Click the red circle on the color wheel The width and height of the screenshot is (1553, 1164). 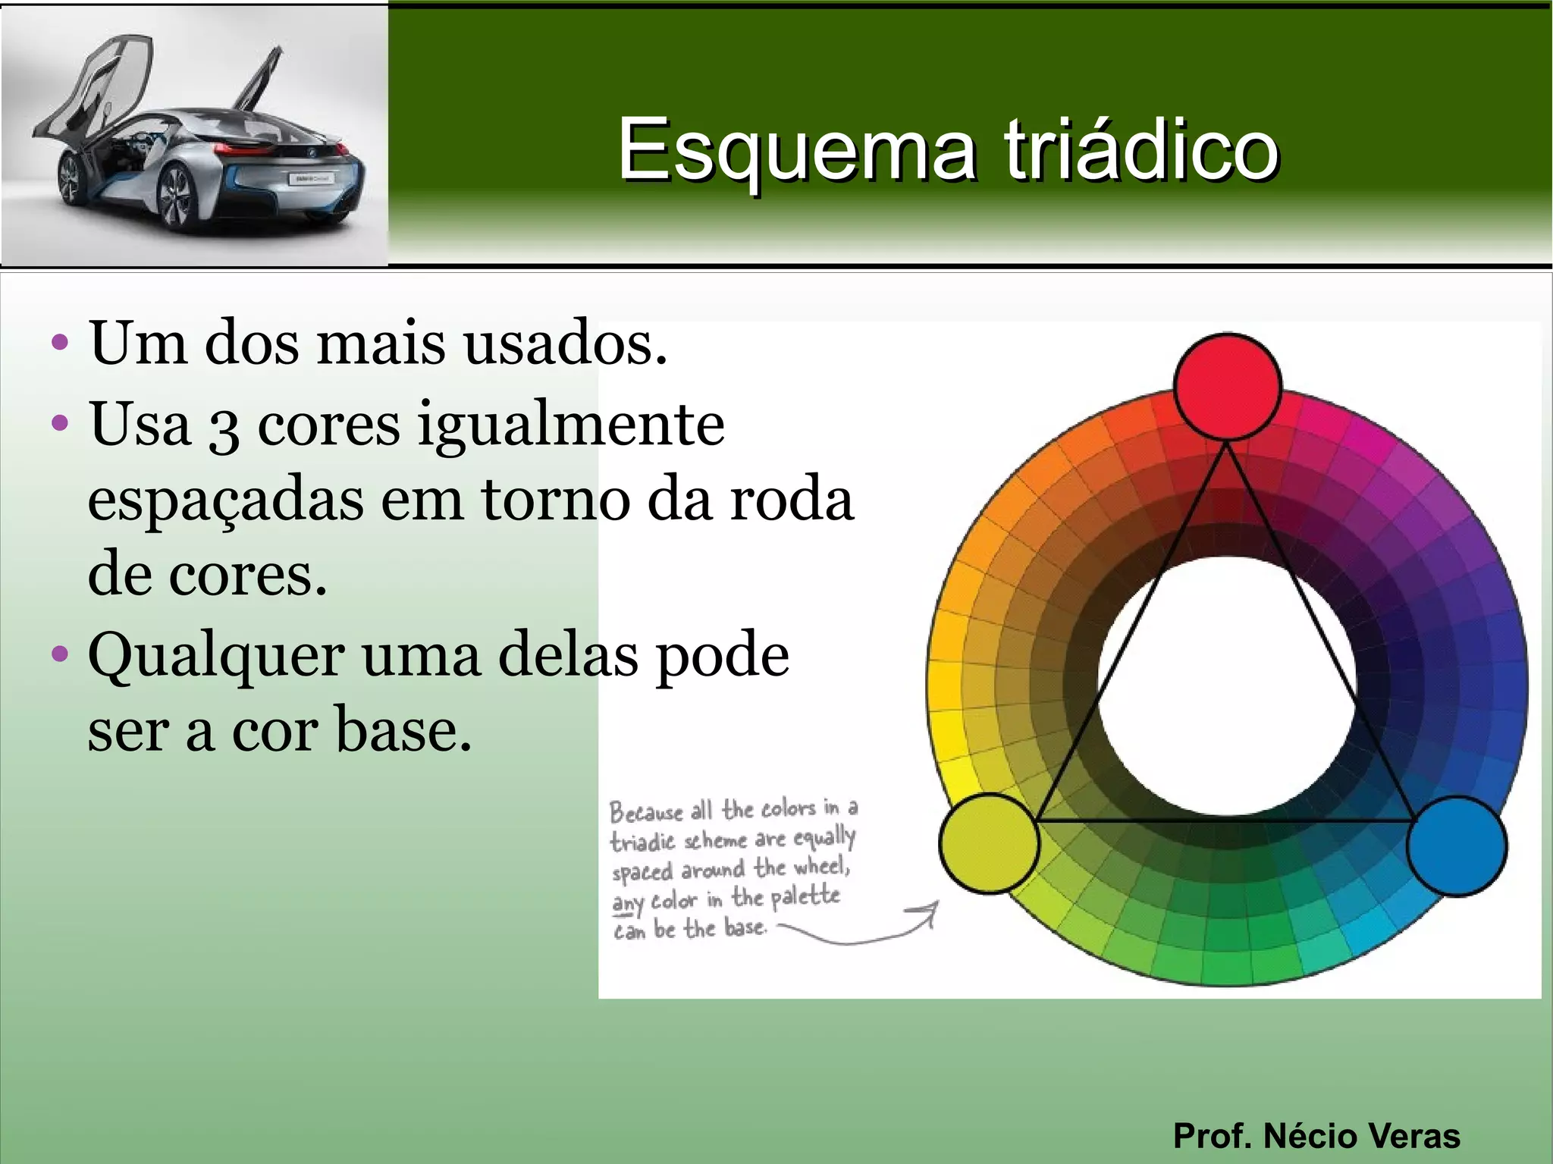(x=1228, y=387)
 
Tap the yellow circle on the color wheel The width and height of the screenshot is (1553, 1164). (x=989, y=843)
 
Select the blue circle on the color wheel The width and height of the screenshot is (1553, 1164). (x=1457, y=846)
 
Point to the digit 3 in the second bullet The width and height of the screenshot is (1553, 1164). (x=224, y=428)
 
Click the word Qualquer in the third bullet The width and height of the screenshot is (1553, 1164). (x=216, y=657)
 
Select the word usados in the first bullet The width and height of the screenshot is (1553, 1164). (x=565, y=344)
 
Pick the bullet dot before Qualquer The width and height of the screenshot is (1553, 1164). (x=60, y=653)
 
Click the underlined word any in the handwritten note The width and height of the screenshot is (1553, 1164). (x=627, y=902)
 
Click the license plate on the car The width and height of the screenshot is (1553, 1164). (x=310, y=179)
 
